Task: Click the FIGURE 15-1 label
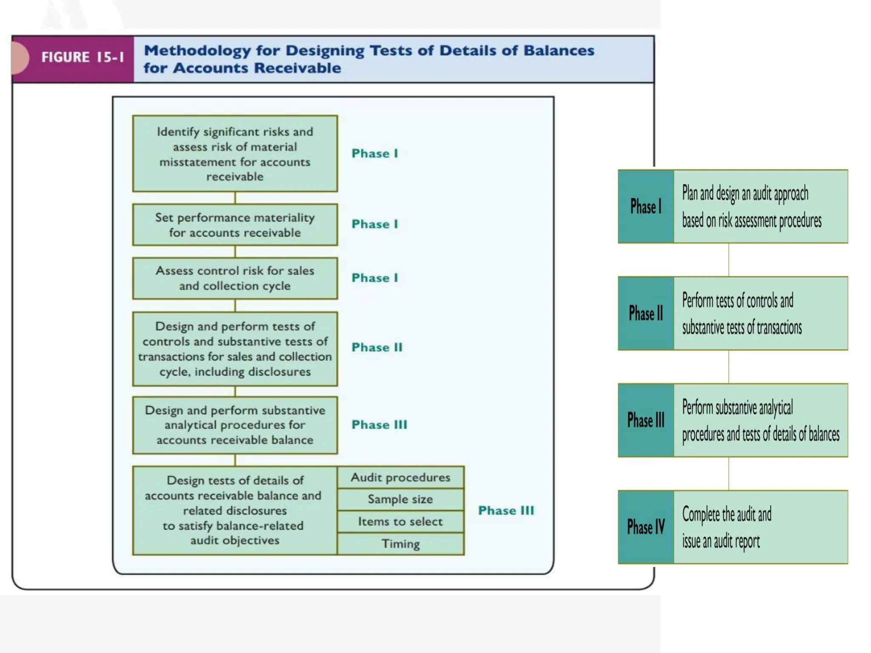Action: pos(83,57)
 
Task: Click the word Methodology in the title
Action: pos(197,51)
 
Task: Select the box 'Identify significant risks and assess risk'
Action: pos(235,153)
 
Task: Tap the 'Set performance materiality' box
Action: pos(235,225)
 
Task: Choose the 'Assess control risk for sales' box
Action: pos(235,278)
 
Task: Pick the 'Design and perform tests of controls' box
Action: pos(235,349)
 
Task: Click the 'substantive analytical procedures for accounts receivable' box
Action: pos(235,425)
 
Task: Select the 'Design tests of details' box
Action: pos(235,510)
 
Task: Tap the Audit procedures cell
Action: pos(400,477)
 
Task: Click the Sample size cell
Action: pos(400,499)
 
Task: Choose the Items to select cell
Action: pos(400,521)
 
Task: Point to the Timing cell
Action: pos(400,544)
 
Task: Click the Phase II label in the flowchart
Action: pos(377,347)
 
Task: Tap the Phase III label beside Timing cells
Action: pos(506,511)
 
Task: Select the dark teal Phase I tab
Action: pos(646,207)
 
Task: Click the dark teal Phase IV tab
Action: pos(646,527)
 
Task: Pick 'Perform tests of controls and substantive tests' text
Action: pos(742,314)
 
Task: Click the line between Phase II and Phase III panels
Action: pos(729,366)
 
